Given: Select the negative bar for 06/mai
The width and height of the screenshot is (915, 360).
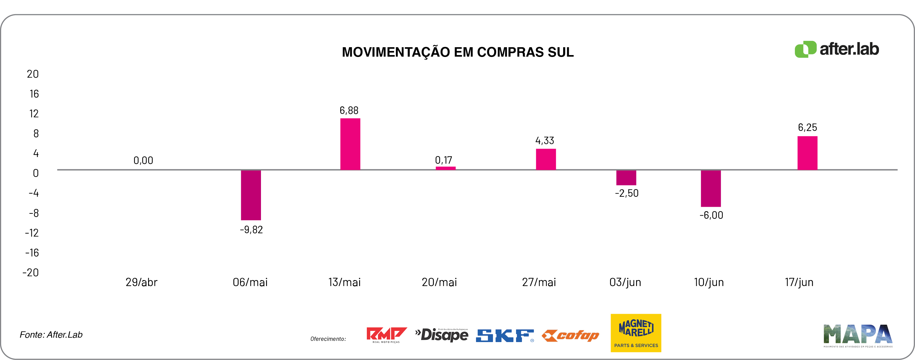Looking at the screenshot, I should [x=251, y=195].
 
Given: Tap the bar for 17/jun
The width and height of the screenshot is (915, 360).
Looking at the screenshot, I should [x=807, y=153].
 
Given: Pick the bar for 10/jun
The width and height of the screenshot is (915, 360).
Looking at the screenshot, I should [x=710, y=188].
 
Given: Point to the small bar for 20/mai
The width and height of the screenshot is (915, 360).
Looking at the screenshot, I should [x=446, y=168].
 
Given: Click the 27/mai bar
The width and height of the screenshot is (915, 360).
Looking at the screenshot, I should [x=546, y=159].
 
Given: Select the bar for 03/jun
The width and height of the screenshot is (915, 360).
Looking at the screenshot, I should [x=626, y=178].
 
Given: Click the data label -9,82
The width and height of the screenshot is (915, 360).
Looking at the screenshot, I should [x=251, y=230].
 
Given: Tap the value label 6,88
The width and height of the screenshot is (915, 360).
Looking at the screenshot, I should [x=349, y=110].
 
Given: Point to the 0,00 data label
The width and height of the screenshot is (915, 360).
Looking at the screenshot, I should [x=143, y=160].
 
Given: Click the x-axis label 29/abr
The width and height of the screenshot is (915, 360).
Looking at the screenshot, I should [x=141, y=282].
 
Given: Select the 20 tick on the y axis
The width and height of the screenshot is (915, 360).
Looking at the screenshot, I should [x=33, y=74].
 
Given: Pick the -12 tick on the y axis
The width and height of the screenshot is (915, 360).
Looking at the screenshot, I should [x=32, y=233].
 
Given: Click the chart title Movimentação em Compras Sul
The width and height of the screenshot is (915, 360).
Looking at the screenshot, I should [x=457, y=52].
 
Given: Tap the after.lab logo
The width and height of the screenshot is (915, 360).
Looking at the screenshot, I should [x=836, y=49].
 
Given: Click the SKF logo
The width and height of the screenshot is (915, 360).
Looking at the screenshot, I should [x=504, y=335].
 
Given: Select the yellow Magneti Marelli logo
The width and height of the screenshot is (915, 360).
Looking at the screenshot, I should [x=635, y=333].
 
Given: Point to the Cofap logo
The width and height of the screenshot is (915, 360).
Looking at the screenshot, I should [x=570, y=335].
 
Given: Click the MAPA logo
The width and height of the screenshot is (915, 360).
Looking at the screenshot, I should [x=858, y=335].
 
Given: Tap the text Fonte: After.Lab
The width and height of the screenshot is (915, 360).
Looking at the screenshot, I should [x=51, y=335].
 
